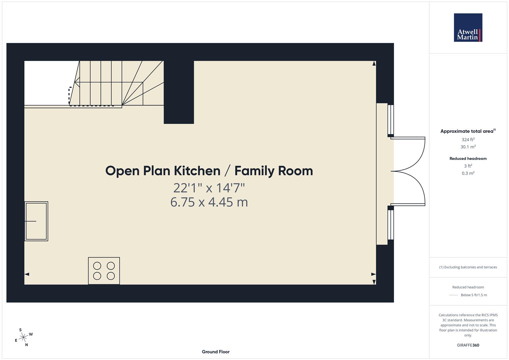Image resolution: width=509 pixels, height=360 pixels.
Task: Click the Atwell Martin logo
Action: (x=468, y=27)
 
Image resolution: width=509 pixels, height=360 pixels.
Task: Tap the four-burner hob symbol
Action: (x=104, y=271)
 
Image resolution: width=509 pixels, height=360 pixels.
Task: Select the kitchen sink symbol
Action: (x=36, y=221)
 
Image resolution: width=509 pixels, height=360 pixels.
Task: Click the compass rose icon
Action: (x=23, y=338)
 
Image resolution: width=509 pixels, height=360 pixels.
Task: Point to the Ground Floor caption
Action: (x=215, y=352)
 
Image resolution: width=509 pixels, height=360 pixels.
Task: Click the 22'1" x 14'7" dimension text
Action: (x=209, y=188)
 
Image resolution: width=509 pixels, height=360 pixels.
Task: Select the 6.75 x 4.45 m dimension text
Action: (x=209, y=202)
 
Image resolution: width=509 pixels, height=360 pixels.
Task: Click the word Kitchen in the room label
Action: (x=197, y=171)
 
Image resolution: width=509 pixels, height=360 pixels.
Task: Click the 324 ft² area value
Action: (x=468, y=140)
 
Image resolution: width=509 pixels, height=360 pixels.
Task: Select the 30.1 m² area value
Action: (x=468, y=147)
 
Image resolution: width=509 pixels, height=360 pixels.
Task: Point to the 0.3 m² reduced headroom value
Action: (x=468, y=173)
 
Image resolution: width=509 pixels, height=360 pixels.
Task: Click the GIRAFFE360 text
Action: (x=468, y=345)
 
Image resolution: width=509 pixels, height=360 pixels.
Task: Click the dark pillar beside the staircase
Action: (x=179, y=92)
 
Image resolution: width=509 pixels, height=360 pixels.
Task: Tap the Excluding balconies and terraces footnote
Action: (x=468, y=267)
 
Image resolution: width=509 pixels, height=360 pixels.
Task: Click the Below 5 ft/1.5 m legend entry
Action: (x=473, y=295)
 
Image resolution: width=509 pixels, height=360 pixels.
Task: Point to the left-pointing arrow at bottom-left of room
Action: (x=27, y=274)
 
